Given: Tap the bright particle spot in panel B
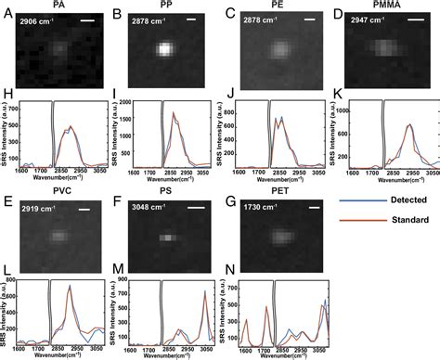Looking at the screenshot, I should (x=164, y=51).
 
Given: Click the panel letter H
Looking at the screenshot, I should (x=6, y=94).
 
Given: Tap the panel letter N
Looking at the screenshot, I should (x=230, y=270).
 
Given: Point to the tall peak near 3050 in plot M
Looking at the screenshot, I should (x=201, y=292).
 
